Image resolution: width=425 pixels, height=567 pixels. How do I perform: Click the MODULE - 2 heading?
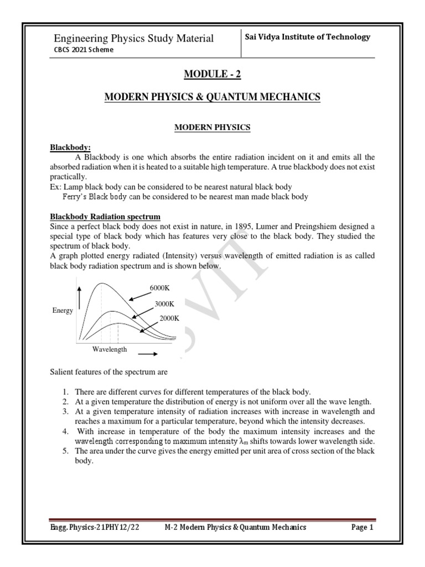(212, 75)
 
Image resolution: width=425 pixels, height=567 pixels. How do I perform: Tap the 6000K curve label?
(160, 287)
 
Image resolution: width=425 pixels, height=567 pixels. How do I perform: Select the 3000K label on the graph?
(164, 303)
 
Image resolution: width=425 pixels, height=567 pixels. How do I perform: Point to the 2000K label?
(169, 318)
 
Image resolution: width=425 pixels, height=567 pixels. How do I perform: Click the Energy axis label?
(63, 311)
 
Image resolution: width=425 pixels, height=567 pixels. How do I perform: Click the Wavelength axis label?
(110, 349)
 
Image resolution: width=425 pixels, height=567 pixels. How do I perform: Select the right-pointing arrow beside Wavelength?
(147, 352)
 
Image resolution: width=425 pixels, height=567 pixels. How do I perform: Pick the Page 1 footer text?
(362, 528)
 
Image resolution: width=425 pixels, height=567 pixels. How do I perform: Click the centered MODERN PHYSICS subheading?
(212, 127)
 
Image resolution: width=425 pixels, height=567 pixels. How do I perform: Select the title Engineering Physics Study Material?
(133, 38)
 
